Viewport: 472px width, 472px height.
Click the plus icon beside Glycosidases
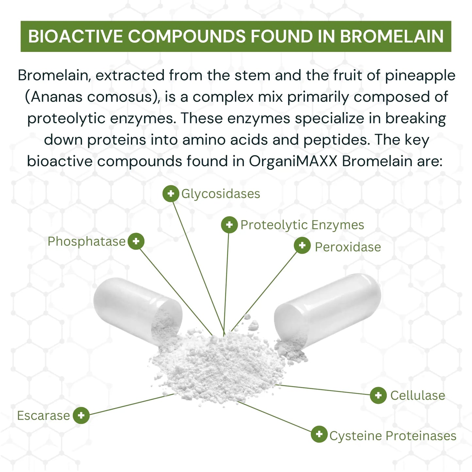tap(171, 193)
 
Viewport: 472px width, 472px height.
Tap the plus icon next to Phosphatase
tap(136, 241)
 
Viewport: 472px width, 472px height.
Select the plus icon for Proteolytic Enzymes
tap(229, 225)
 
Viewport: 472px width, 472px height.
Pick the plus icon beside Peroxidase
tap(302, 245)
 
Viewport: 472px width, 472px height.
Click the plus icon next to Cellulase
tap(378, 395)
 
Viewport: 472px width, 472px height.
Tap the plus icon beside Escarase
tap(81, 415)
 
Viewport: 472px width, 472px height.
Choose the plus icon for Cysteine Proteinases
tap(319, 434)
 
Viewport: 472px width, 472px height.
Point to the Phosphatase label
tap(87, 242)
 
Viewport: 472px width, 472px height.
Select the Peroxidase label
tap(348, 247)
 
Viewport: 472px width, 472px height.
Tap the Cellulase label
tap(418, 396)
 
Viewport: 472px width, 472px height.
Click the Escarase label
tap(43, 416)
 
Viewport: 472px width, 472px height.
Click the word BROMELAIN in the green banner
tap(392, 37)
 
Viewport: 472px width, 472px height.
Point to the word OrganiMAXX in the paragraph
tap(293, 161)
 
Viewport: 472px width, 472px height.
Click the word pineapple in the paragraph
tap(420, 76)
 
